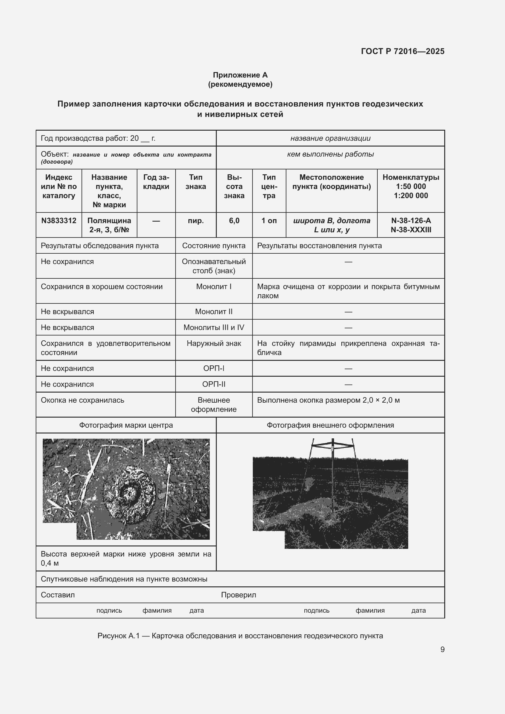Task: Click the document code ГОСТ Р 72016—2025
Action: (402, 51)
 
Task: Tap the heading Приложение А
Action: (240, 75)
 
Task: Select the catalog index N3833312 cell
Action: (59, 221)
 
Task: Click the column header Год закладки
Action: (156, 182)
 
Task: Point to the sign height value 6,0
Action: (234, 221)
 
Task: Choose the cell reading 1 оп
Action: (269, 221)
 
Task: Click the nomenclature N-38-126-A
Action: (410, 221)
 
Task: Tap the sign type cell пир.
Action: (196, 221)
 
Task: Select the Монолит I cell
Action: (214, 287)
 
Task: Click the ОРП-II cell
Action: (214, 384)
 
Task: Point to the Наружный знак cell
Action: (214, 344)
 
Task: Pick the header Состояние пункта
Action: (214, 246)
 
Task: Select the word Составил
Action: (58, 595)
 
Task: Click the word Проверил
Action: (238, 595)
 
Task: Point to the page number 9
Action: (442, 649)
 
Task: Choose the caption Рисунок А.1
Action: (118, 636)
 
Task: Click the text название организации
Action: (330, 138)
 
